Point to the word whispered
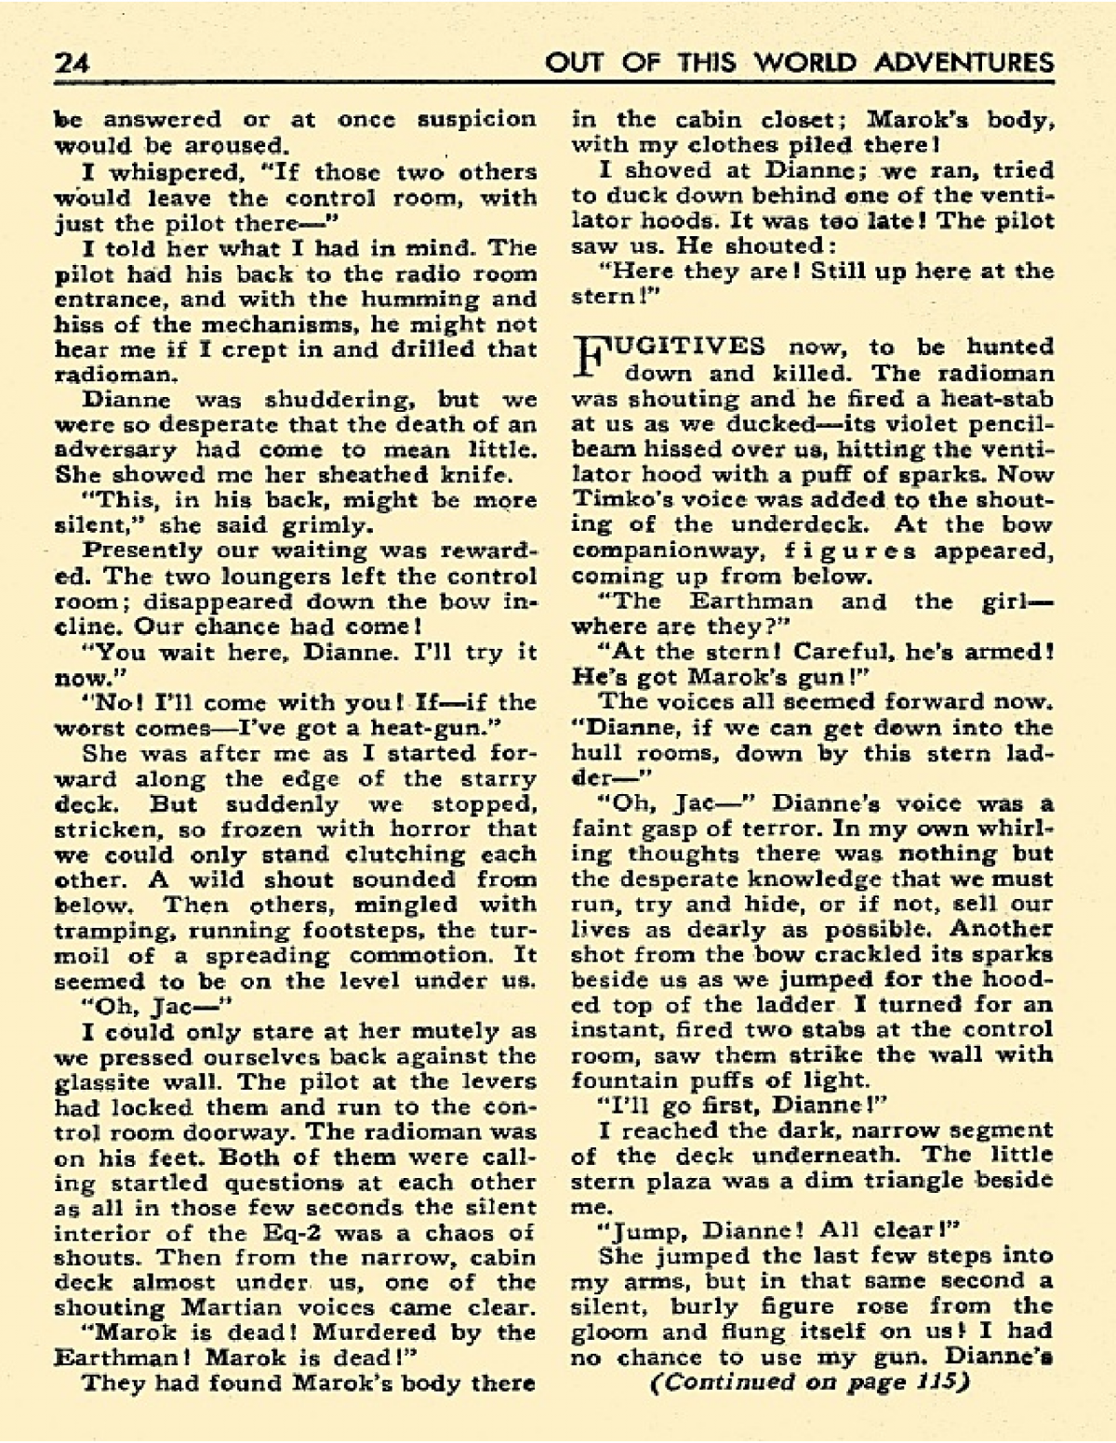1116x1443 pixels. click(x=179, y=172)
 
